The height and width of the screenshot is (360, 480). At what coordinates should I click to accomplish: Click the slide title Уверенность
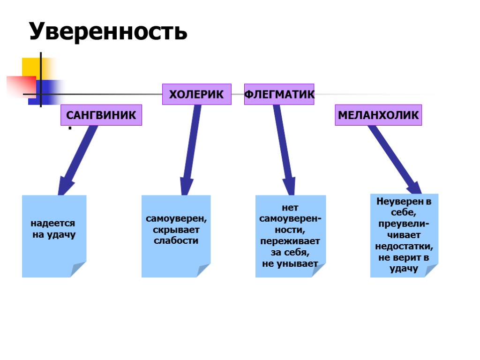pos(108,31)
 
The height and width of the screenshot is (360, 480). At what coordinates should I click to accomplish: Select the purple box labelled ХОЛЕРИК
pos(196,94)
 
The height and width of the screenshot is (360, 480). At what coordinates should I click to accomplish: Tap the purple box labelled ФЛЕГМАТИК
pos(279,94)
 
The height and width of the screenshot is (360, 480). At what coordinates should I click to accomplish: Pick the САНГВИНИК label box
pos(101,115)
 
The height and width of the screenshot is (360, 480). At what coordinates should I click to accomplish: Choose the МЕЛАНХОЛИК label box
pos(378,115)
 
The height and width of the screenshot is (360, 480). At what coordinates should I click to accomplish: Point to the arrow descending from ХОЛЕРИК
pos(191,150)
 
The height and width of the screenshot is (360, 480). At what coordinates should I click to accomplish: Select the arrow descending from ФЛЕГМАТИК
pos(284,150)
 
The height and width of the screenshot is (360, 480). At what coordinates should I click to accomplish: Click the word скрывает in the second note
pos(176,230)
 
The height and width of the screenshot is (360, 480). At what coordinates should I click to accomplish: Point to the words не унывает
pos(290,264)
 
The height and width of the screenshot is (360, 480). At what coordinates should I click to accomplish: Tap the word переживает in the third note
pos(290,241)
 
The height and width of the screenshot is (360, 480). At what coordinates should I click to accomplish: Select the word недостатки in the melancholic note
pos(404,247)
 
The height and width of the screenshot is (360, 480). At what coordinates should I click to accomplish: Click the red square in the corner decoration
pos(21,87)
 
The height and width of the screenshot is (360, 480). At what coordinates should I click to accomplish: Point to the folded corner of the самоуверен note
pos(203,270)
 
